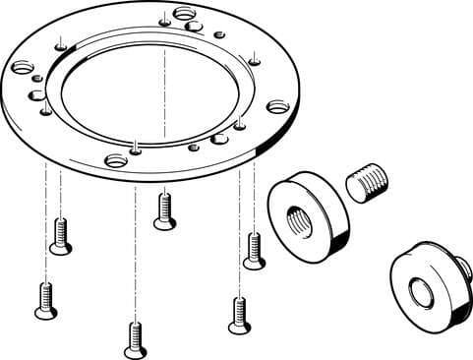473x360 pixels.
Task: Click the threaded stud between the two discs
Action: tap(368, 184)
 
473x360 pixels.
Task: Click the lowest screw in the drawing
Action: tap(135, 339)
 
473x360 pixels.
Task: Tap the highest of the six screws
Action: tap(165, 209)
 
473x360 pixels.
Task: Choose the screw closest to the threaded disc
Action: tap(254, 249)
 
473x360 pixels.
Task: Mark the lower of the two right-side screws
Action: tap(237, 314)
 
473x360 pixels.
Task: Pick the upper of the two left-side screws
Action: tap(61, 235)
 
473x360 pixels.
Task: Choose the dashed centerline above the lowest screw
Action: tap(135, 246)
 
